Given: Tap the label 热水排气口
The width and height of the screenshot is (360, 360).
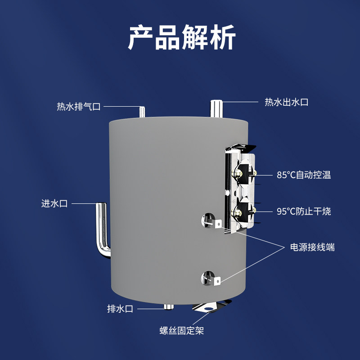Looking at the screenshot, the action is click(78, 107).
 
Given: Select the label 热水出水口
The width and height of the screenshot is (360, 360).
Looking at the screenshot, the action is click(286, 102).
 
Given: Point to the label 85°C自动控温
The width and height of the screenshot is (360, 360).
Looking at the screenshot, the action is click(304, 175).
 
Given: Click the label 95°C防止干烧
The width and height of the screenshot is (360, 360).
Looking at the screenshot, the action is click(304, 211).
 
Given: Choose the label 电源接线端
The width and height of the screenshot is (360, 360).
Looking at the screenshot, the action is click(312, 247).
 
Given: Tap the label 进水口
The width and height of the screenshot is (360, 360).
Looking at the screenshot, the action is click(54, 203).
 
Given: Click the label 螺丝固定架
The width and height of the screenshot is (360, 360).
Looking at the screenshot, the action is click(182, 331).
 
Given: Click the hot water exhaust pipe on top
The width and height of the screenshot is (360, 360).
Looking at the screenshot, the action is click(142, 112).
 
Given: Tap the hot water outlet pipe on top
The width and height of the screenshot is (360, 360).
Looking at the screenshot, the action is click(216, 108).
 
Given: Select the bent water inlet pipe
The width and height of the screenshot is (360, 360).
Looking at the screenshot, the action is click(103, 229).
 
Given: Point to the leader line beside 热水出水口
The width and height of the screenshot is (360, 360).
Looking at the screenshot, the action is click(240, 102).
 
